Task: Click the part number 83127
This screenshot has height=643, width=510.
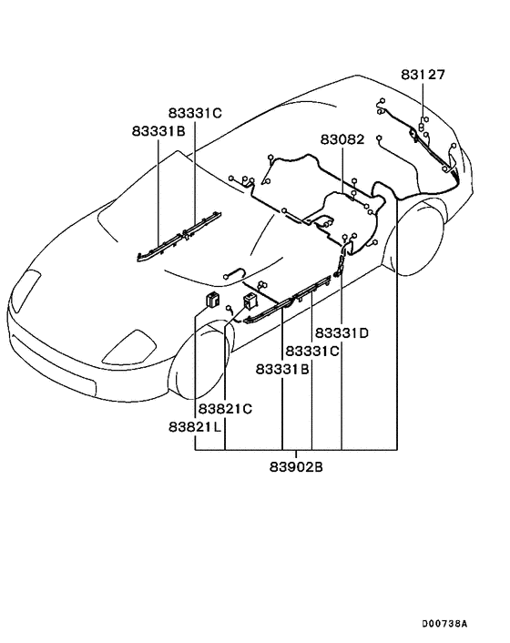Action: point(423,75)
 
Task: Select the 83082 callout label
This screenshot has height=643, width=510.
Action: point(342,141)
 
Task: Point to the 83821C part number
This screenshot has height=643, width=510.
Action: point(225,409)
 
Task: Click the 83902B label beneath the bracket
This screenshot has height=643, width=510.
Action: point(296,468)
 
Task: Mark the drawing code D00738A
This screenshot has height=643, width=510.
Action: point(444,624)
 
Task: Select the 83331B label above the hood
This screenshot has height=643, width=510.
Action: point(158,132)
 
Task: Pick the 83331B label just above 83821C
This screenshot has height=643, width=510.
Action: point(282,369)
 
